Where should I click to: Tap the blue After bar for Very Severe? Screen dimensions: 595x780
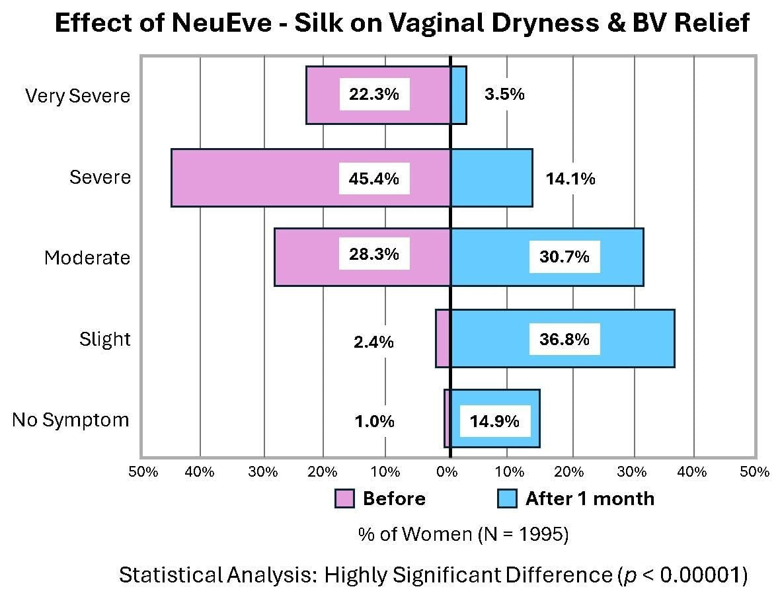coord(459,95)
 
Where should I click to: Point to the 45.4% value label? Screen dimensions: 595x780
coord(374,178)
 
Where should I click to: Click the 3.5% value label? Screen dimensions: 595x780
coord(504,95)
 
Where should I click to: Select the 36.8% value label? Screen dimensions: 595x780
coord(564,340)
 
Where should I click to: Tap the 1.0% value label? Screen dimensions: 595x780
coord(373,421)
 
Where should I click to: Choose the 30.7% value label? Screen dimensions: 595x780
coord(564,257)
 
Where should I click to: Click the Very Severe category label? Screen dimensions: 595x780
coord(78,96)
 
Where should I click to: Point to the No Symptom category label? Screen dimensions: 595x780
coord(71,420)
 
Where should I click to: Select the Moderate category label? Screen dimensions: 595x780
coord(87,258)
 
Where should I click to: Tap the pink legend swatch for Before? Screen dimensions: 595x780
coord(345,498)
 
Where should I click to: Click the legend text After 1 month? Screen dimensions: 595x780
coord(590,498)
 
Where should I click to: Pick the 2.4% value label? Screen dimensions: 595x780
coord(373,342)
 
